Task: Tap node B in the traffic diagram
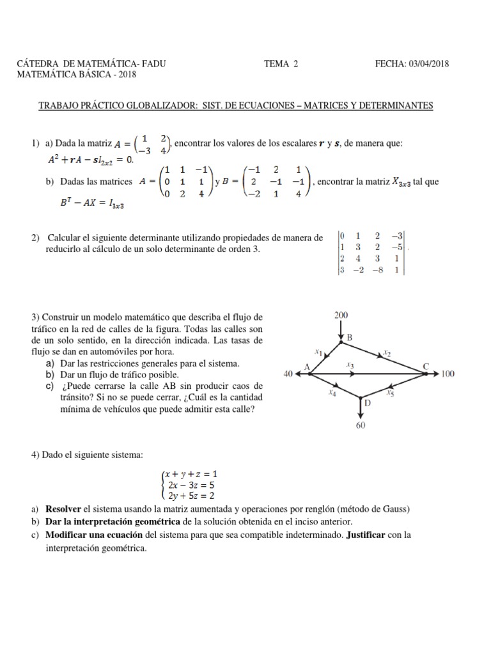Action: pos(349,336)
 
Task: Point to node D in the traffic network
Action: pos(367,403)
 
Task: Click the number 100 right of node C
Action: pos(448,374)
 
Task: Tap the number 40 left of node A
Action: pos(287,374)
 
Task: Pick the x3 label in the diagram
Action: pos(350,365)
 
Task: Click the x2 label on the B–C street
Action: pos(387,352)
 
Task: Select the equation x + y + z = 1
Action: pos(191,474)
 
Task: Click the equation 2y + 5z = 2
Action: pos(190,495)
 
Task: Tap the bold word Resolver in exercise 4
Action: pos(63,509)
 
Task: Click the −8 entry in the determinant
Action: pos(380,270)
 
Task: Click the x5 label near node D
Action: pos(390,394)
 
